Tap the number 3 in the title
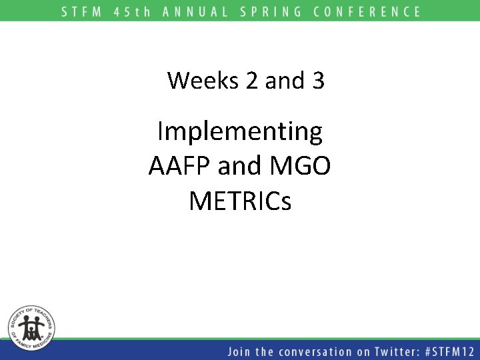coord(317,81)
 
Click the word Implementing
coord(240,132)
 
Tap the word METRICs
coord(240,200)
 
